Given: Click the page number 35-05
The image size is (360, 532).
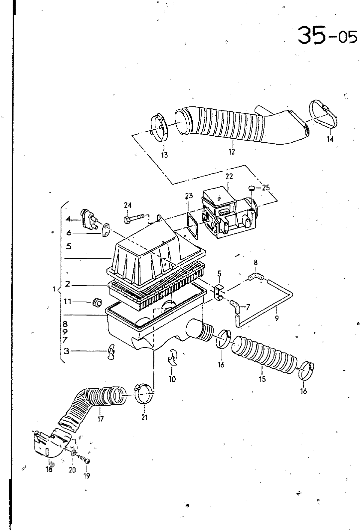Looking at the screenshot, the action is point(328,35).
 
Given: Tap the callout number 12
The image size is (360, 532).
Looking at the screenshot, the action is point(232,151).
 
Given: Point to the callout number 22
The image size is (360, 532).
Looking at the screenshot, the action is point(229,177).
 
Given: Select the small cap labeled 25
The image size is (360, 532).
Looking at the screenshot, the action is point(251,188).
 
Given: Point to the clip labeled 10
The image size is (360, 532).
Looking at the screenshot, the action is point(173,357).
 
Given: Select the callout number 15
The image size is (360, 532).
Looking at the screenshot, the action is point(262,379).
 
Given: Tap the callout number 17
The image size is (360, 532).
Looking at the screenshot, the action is point(100,419).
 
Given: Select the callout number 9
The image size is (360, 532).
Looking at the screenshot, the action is point(276,318).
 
